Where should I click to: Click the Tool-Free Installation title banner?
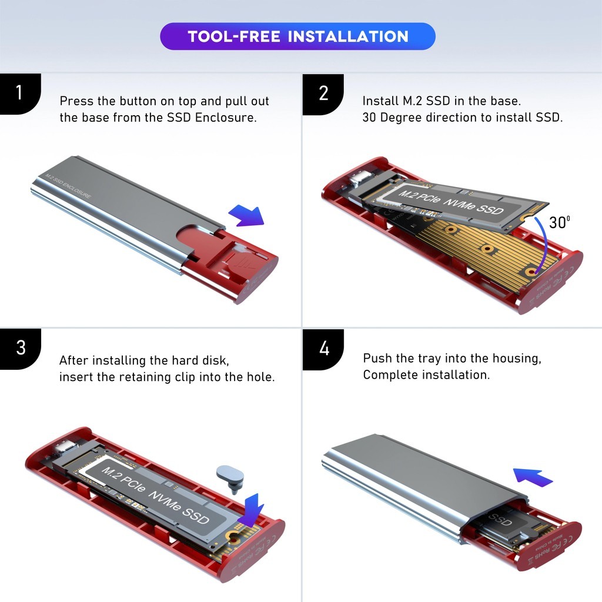297,36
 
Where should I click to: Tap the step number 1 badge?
19,93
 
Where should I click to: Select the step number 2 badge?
323,93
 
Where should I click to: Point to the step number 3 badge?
20,347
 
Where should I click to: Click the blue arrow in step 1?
246,216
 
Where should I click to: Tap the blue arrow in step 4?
533,476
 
